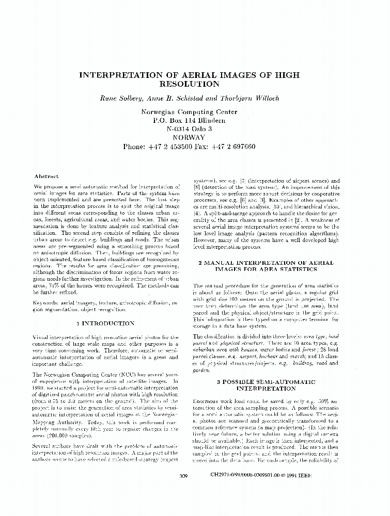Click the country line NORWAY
click(189, 138)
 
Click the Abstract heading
click(46, 176)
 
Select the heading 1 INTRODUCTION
click(105, 323)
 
